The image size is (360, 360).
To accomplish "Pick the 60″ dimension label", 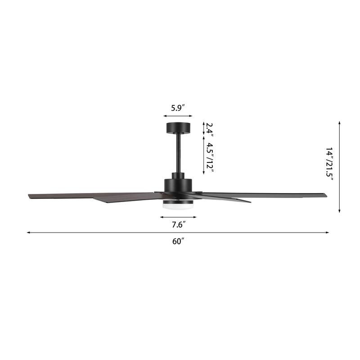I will coord(178,241).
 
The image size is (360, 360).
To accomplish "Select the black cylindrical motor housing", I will coord(178,184).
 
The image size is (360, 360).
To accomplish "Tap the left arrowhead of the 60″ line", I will coord(28,233).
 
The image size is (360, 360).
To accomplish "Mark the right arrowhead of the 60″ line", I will coord(328,233).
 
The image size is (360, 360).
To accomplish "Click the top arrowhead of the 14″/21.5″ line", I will coord(339,122).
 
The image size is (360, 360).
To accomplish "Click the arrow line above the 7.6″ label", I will coord(178,217).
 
